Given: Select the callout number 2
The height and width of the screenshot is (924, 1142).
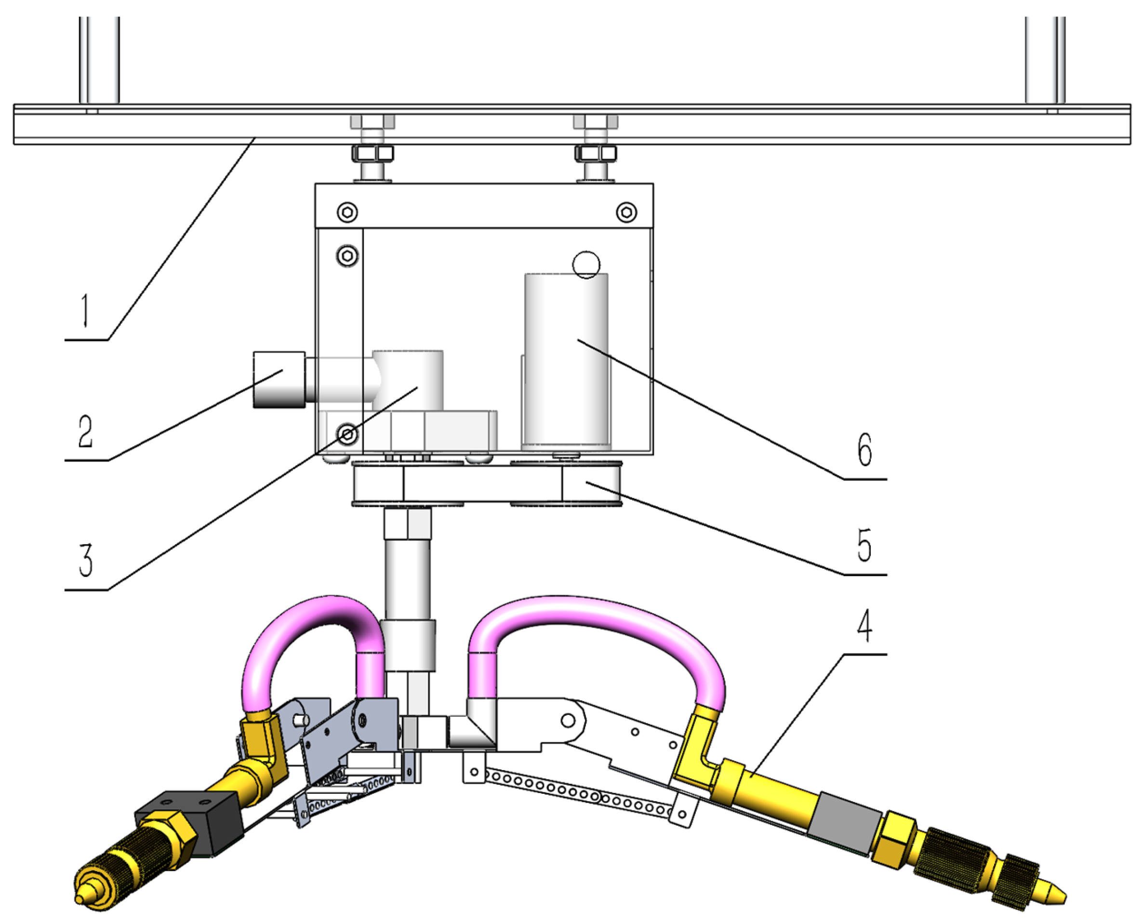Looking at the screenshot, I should coord(85,431).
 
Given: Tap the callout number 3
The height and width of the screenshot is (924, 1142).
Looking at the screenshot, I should coord(85,560).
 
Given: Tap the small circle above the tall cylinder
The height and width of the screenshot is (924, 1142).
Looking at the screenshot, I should coord(586,264).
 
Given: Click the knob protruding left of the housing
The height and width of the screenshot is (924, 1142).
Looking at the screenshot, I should coord(279,379).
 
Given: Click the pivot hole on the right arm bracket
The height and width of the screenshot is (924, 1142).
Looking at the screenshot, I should coord(568,721).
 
